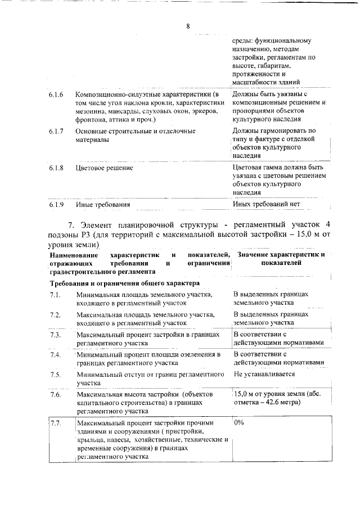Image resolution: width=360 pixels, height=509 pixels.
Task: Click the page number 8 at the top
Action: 188,26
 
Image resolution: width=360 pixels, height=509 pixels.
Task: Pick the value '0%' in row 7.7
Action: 239,422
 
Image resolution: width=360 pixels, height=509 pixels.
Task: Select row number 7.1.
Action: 55,295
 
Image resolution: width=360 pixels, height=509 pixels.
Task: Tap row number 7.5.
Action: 55,374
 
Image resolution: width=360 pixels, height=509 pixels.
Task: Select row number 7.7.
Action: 55,422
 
